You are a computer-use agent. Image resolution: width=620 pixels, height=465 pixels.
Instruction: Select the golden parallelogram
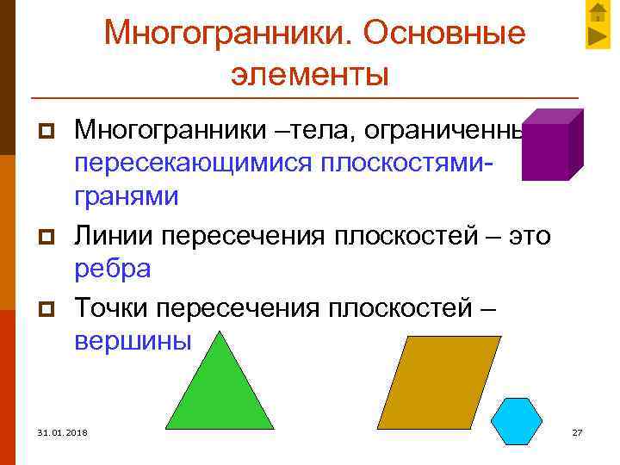(x=438, y=381)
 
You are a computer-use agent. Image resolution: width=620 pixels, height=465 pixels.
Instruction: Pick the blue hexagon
(x=517, y=421)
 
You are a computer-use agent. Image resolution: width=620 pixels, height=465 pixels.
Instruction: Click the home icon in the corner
(x=598, y=13)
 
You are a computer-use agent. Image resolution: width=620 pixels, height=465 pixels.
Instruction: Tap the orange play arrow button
(x=598, y=36)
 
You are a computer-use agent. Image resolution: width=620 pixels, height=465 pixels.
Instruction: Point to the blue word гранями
(x=127, y=196)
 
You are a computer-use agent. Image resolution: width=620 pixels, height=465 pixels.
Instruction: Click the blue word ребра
(x=113, y=268)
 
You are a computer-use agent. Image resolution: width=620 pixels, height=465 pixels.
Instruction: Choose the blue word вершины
(x=132, y=340)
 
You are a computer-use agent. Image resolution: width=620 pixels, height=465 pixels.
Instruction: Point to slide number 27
(x=577, y=431)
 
